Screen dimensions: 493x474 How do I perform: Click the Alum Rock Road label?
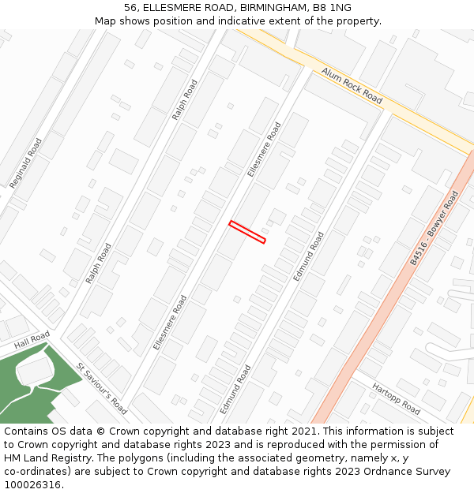(x=352, y=85)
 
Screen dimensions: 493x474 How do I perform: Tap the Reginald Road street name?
(x=26, y=163)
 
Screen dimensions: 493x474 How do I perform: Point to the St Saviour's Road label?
(x=102, y=388)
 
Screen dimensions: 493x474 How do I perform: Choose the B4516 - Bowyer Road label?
(x=434, y=227)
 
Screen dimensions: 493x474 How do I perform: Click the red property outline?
(x=247, y=232)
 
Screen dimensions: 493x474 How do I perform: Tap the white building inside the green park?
(x=35, y=371)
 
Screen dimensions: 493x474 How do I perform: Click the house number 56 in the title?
(x=130, y=8)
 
